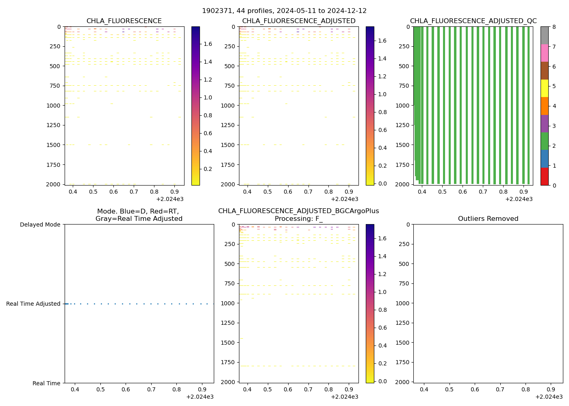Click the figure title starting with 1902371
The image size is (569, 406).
coord(284,11)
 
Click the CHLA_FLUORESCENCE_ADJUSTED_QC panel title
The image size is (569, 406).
coord(473,21)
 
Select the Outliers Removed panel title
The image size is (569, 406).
coord(488,219)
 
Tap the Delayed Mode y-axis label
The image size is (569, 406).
coord(40,225)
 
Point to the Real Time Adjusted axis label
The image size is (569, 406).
coord(33,304)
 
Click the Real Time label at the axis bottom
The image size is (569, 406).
coord(46,383)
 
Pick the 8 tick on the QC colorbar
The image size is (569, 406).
coord(554,27)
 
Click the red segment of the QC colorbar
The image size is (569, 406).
coord(545,177)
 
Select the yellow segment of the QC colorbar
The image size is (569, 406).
coord(545,88)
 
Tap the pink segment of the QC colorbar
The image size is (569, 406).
coord(545,53)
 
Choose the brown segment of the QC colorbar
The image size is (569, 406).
coord(545,71)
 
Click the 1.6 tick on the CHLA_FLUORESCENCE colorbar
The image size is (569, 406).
coord(208,44)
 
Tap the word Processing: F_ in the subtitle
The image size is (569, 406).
coord(298,219)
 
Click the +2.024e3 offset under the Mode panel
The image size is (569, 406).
coord(200,397)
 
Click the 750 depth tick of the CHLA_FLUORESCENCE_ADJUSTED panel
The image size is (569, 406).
coord(230,86)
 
